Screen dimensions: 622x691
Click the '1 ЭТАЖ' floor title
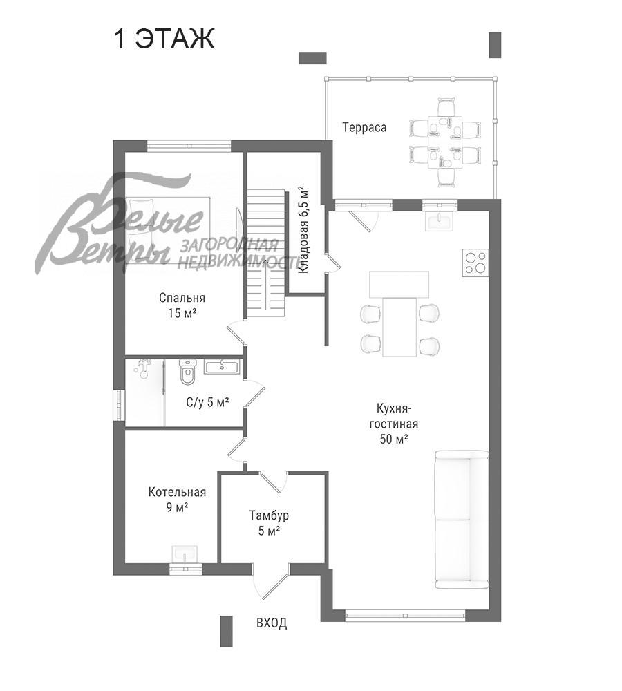point(164,39)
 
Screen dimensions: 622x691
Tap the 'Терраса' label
point(364,128)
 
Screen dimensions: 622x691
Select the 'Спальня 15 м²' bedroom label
point(182,305)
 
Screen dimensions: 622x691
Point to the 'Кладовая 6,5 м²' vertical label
point(303,230)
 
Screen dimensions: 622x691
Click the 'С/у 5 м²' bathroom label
point(207,402)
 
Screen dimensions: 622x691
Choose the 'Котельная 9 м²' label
point(177,500)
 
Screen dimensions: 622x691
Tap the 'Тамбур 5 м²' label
point(269,523)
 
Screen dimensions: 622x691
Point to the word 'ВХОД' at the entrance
point(272,623)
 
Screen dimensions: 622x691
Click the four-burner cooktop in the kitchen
point(475,263)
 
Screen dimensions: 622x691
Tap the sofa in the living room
point(462,520)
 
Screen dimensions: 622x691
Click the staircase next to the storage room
point(265,254)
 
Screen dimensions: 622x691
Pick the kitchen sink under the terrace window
point(438,221)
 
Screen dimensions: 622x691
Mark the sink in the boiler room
point(186,553)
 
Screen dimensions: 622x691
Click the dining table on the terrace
point(445,142)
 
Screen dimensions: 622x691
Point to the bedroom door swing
point(237,334)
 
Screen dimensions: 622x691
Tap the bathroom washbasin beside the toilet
point(222,367)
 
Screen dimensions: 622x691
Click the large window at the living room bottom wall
point(405,613)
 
